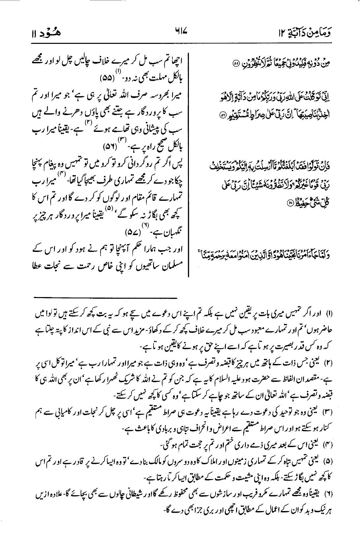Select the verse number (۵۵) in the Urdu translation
point(108,79)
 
